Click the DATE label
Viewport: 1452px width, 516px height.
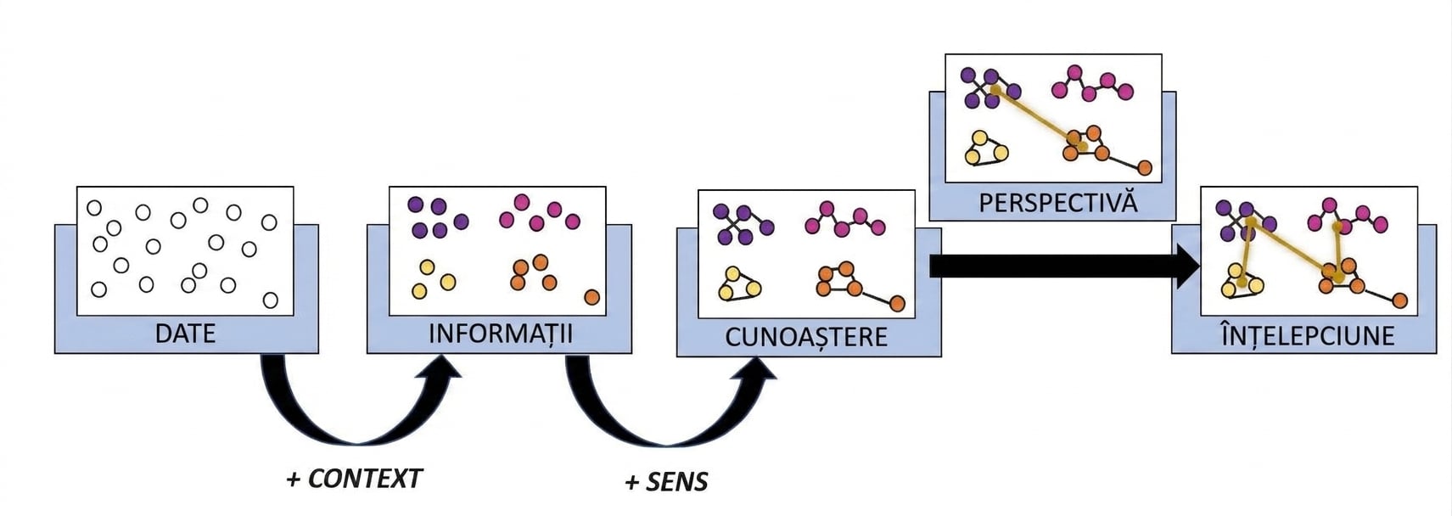[x=185, y=334]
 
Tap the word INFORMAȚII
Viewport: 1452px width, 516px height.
[x=501, y=334]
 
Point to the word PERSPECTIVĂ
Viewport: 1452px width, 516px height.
[x=1058, y=202]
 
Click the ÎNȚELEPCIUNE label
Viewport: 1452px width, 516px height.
[x=1308, y=335]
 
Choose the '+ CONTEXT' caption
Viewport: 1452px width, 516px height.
[x=354, y=479]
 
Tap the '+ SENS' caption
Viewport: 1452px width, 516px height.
[x=666, y=482]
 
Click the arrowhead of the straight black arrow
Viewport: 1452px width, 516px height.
[x=1190, y=266]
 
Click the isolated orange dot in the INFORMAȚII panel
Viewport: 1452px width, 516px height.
[x=591, y=297]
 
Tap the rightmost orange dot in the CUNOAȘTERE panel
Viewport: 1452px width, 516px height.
[x=897, y=303]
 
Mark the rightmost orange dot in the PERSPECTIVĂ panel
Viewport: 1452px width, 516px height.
[x=1144, y=168]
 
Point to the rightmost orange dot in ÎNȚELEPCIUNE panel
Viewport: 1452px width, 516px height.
[x=1399, y=300]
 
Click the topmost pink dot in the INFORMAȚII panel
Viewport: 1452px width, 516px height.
[x=521, y=202]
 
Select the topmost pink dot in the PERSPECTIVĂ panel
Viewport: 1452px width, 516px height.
[x=1074, y=72]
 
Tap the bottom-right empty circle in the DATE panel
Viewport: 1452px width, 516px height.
[x=271, y=300]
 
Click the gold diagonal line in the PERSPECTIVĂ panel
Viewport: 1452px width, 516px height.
[x=1038, y=119]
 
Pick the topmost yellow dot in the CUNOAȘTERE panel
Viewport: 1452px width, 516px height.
[x=732, y=273]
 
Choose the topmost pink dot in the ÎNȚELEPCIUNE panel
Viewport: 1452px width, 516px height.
[x=1330, y=205]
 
